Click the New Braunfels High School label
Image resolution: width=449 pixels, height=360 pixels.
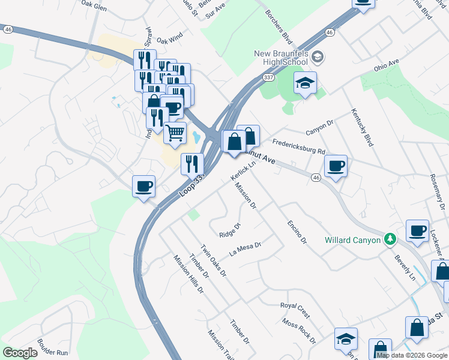tap(280, 58)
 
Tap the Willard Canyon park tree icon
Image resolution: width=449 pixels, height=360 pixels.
tap(390, 239)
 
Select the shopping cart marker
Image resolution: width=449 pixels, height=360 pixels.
tap(175, 133)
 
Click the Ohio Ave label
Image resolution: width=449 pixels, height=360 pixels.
tap(387, 65)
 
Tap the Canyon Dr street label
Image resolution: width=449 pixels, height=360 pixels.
tap(319, 128)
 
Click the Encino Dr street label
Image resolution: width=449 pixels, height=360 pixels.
tap(296, 231)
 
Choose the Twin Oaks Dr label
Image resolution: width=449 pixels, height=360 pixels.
tap(213, 260)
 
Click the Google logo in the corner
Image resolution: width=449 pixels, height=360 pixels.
tap(20, 353)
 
